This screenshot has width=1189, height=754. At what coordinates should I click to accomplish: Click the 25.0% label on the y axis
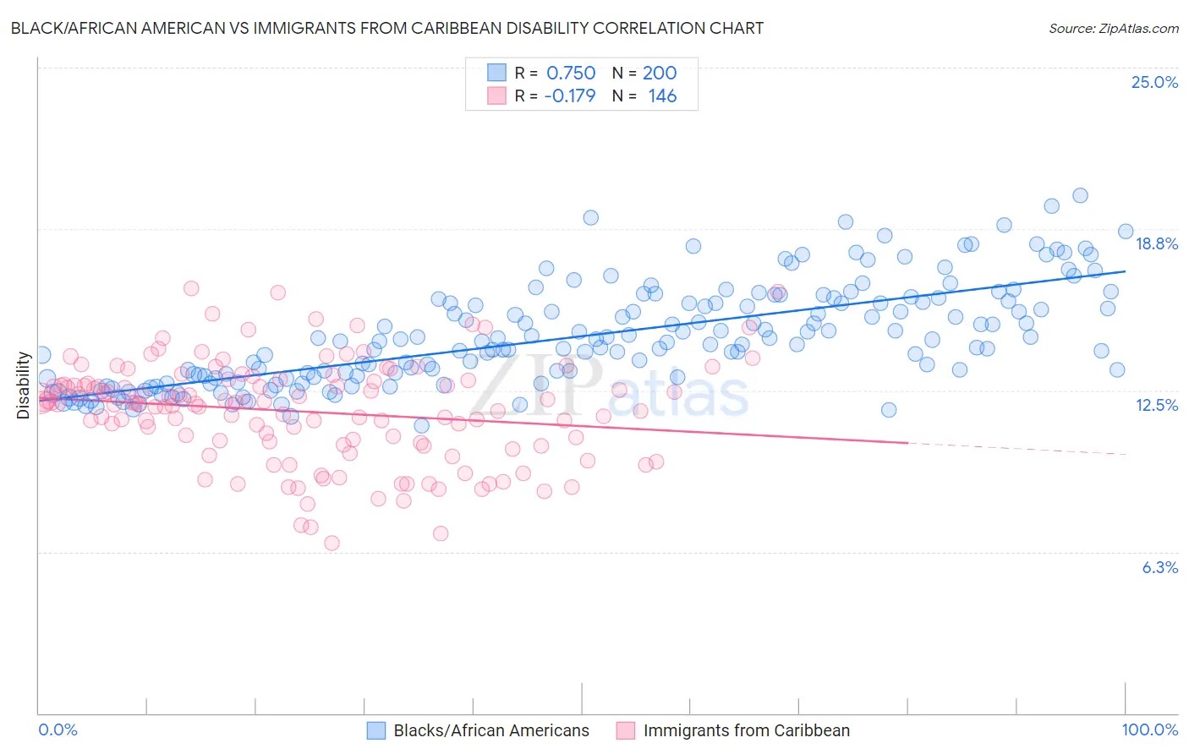click(1154, 82)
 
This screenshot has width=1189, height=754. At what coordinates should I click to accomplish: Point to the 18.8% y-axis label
click(1156, 243)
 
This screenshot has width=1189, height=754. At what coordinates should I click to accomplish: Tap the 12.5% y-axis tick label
click(1156, 405)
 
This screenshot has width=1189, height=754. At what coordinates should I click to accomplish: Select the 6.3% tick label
click(1159, 567)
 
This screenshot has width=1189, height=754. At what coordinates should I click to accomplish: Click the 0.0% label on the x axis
click(58, 729)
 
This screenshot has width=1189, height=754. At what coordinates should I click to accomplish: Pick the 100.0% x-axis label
click(1149, 729)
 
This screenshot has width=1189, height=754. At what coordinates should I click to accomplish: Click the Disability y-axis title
click(24, 385)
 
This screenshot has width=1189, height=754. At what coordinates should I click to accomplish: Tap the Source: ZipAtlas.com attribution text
click(1113, 28)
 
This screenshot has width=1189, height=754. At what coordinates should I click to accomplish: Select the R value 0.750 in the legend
click(571, 73)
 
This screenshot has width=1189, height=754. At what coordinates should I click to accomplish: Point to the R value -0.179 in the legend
click(569, 96)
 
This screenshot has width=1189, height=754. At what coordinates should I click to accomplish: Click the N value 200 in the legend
click(660, 73)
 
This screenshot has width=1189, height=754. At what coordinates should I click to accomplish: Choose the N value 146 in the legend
click(662, 96)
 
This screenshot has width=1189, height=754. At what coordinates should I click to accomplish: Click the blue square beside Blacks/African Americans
click(376, 730)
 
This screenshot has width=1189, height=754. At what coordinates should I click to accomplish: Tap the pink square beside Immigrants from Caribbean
click(626, 730)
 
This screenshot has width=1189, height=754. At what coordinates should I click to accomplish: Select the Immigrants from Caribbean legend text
click(746, 730)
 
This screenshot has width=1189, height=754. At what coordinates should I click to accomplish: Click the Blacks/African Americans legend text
click(491, 730)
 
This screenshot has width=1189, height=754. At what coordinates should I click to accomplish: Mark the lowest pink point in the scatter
click(331, 543)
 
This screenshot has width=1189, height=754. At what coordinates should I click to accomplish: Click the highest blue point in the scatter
click(1080, 195)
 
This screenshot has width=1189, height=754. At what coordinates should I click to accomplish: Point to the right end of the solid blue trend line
click(1125, 271)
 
